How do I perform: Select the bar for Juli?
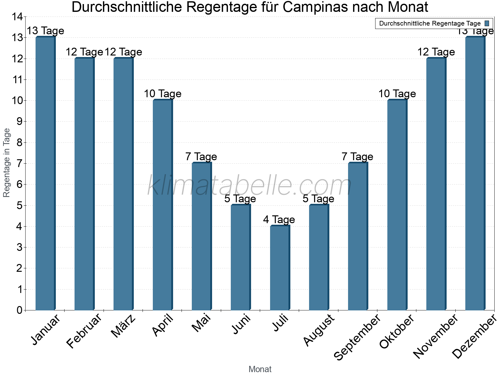pyautogui.click(x=280, y=268)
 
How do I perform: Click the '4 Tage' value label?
pyautogui.click(x=279, y=220)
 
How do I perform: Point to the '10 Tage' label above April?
pyautogui.click(x=162, y=94)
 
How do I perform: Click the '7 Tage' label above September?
pyautogui.click(x=357, y=157)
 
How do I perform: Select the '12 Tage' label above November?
pyautogui.click(x=436, y=52)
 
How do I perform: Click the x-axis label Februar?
pyautogui.click(x=84, y=331)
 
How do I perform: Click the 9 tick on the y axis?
pyautogui.click(x=19, y=122)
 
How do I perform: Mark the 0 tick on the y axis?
pyautogui.click(x=19, y=310)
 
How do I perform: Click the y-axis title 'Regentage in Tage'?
pyautogui.click(x=7, y=163)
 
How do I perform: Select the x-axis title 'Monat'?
pyautogui.click(x=260, y=369)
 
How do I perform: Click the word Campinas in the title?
pyautogui.click(x=322, y=7)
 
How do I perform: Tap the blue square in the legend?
pyautogui.click(x=487, y=23)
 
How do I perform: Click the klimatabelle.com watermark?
pyautogui.click(x=249, y=186)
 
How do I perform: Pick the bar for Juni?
pyautogui.click(x=240, y=257)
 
